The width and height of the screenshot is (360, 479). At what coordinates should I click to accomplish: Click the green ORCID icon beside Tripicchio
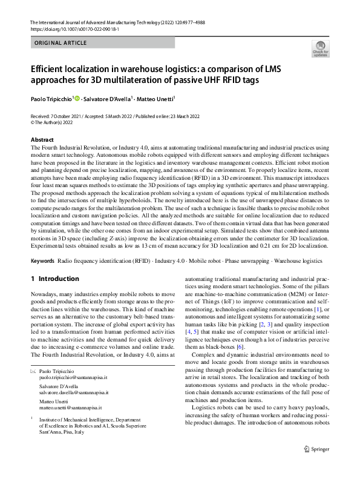tap(77, 98)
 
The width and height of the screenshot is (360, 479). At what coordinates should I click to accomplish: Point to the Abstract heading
tap(42, 140)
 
